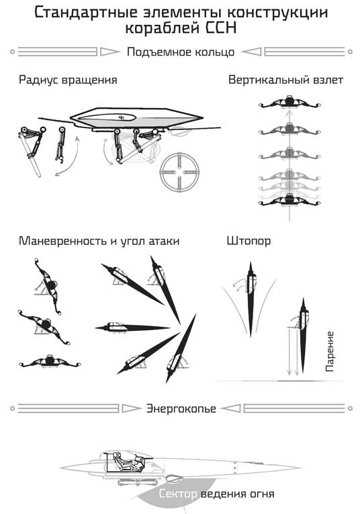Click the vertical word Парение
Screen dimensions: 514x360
(329, 352)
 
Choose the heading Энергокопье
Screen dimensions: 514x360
(181, 409)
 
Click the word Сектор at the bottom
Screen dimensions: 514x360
(179, 495)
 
